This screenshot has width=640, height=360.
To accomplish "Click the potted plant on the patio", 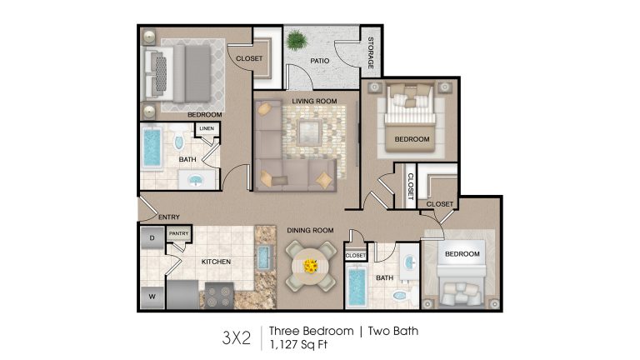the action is [x=297, y=40].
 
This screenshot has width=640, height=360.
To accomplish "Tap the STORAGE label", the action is [x=371, y=52].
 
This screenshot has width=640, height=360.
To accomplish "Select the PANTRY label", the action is [x=179, y=233].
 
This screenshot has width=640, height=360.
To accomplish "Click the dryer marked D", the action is [x=152, y=238].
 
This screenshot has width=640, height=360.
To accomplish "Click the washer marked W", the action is [x=152, y=297].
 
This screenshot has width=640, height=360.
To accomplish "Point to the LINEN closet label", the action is [x=207, y=128].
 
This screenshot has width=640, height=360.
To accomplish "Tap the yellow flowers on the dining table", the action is [x=311, y=266].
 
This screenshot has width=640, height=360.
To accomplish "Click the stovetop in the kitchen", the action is [x=219, y=296].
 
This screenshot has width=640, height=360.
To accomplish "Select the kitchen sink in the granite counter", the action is [x=263, y=257].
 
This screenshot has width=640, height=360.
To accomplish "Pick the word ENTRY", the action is [x=169, y=217].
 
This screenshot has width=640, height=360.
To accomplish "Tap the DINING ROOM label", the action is [x=310, y=230].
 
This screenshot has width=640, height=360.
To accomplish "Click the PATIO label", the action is [x=320, y=61].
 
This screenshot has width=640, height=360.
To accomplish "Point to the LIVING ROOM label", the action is [x=314, y=101].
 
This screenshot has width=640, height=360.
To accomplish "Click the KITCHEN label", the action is [x=216, y=262].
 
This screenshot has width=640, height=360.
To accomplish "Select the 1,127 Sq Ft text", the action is [x=298, y=345].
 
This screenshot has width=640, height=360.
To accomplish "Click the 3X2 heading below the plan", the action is [x=237, y=338].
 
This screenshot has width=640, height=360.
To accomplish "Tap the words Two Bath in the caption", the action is [x=393, y=331].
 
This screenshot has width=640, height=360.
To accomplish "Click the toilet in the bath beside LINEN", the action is [x=179, y=139].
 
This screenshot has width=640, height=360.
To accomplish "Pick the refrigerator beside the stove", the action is [x=182, y=294].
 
